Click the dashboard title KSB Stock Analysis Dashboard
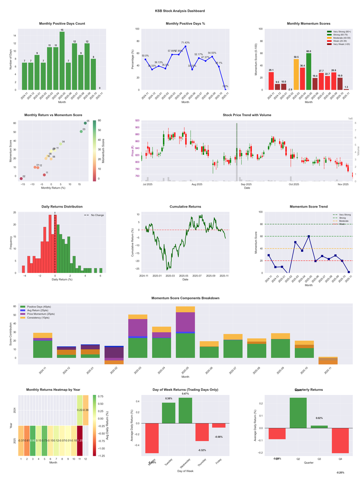(180, 11)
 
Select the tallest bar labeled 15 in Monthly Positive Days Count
(62, 61)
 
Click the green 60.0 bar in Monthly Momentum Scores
(308, 72)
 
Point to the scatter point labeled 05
(85, 123)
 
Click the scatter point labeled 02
(21, 179)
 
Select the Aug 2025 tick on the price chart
(197, 185)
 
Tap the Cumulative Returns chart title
(185, 207)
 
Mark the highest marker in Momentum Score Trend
(308, 236)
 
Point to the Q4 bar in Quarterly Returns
(340, 440)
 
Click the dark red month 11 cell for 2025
(80, 440)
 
